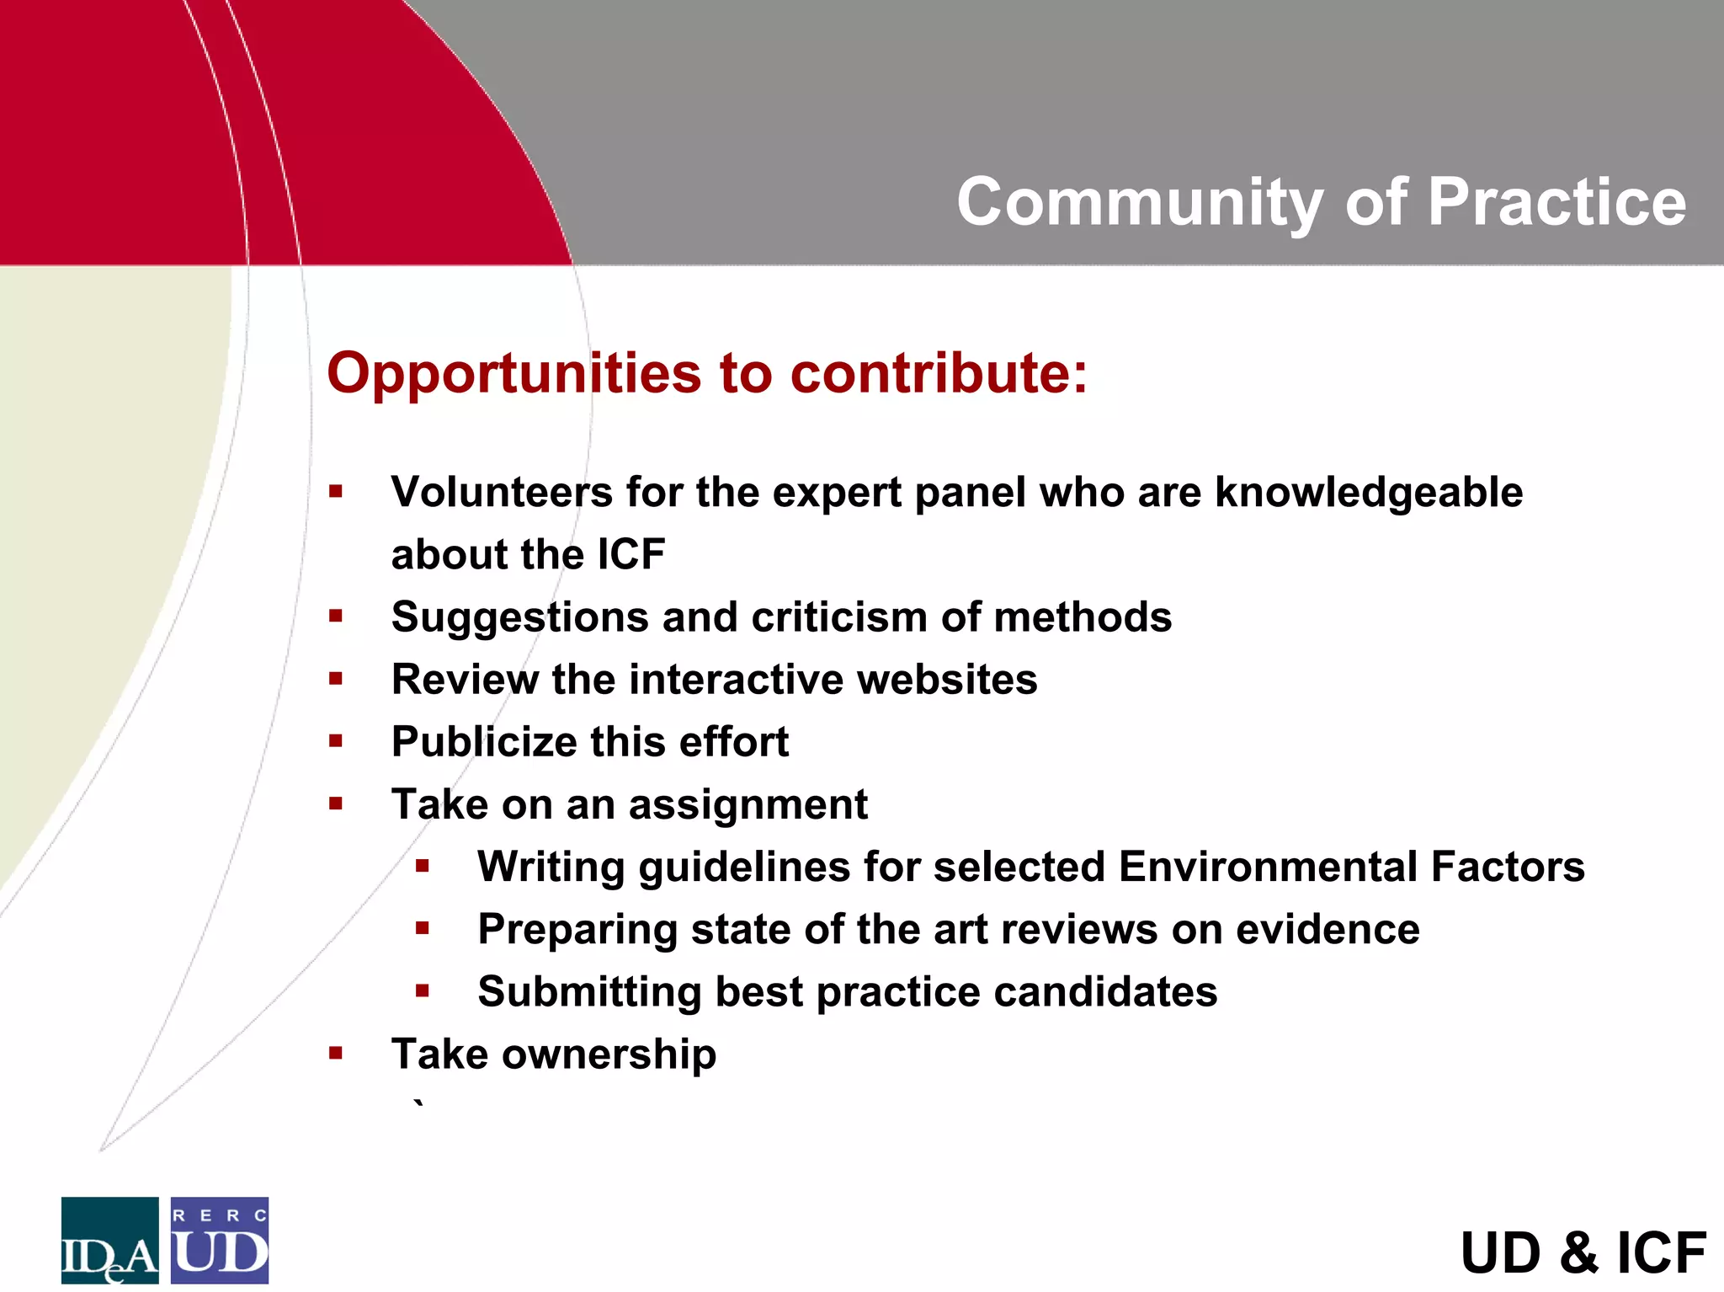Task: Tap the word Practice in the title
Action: pos(1557,203)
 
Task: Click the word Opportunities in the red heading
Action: pos(513,373)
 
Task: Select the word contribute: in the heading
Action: pos(939,373)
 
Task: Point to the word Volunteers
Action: pos(502,492)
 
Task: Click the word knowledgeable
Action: pos(1369,492)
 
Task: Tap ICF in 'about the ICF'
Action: pos(631,554)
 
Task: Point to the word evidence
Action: pos(1328,929)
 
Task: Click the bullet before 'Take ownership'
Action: pos(336,1053)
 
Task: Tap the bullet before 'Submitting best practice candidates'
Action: pos(423,990)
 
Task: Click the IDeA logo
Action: pos(109,1240)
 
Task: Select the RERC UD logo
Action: pos(220,1240)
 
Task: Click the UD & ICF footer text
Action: pos(1583,1253)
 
